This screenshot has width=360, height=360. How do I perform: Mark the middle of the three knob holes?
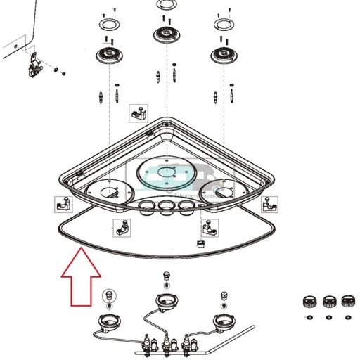[166, 207]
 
